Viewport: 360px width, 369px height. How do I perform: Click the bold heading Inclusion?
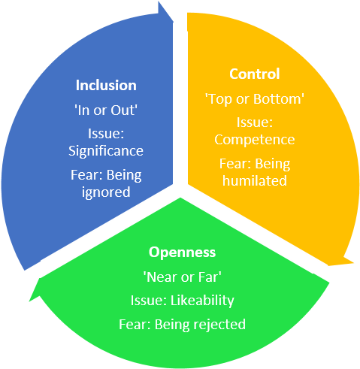[x=106, y=85]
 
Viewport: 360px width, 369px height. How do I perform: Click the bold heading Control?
[x=255, y=74]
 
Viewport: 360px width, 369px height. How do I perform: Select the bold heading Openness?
[x=182, y=253]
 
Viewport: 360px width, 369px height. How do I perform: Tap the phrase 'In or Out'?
[x=106, y=110]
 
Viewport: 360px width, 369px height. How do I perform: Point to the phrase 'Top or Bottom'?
[x=255, y=99]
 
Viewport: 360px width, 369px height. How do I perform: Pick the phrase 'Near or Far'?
[x=182, y=277]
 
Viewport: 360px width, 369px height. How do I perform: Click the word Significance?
[x=106, y=151]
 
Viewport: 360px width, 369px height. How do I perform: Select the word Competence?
[x=255, y=140]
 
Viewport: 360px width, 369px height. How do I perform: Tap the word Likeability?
[x=202, y=301]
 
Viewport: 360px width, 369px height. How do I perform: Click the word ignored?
[x=106, y=192]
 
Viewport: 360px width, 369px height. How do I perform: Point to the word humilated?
[x=255, y=180]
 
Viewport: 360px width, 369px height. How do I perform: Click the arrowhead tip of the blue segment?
[x=173, y=22]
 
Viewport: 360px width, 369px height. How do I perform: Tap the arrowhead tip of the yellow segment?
[x=353, y=262]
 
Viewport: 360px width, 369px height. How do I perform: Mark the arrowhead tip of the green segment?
[x=29, y=301]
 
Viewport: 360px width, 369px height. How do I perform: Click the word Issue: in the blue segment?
[x=106, y=134]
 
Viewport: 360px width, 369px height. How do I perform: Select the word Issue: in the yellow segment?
[x=255, y=122]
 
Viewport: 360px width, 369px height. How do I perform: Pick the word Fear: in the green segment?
[x=135, y=324]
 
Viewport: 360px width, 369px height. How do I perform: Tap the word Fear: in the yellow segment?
[x=235, y=164]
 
